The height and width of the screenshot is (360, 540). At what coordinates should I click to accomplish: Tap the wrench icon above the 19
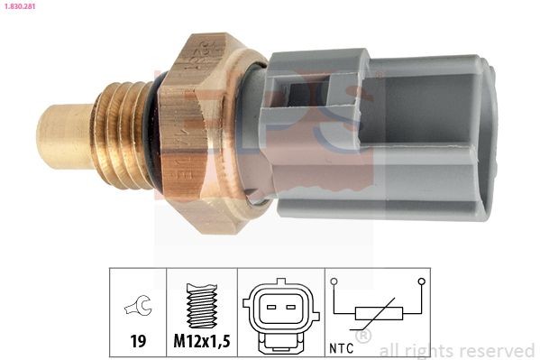click(x=138, y=309)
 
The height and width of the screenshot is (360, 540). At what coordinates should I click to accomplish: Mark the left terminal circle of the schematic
click(x=334, y=282)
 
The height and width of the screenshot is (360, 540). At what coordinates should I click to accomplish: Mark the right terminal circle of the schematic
click(x=420, y=282)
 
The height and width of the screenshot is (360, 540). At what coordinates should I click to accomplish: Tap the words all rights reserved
click(x=456, y=350)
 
